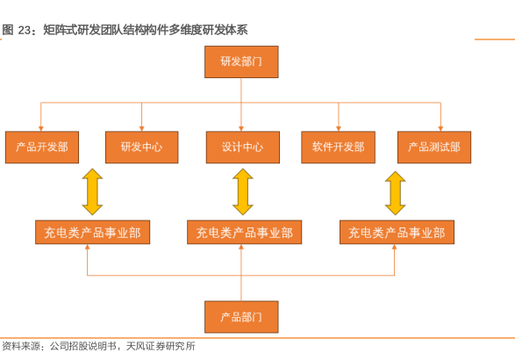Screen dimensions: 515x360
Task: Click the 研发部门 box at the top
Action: tap(241, 61)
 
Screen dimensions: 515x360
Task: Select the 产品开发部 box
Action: tap(42, 148)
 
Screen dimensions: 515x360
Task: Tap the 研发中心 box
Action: tap(142, 148)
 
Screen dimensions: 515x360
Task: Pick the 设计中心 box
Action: tap(243, 148)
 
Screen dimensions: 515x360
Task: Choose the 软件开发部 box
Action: tap(339, 148)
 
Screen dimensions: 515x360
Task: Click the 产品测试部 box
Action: tap(434, 148)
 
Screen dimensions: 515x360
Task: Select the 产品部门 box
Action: tap(241, 317)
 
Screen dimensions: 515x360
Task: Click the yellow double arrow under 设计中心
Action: tap(243, 192)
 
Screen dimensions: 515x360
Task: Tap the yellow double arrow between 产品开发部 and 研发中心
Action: tap(92, 192)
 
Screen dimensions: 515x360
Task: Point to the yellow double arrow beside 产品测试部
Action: tap(395, 193)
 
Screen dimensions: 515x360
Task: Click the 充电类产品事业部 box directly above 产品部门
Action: tap(245, 233)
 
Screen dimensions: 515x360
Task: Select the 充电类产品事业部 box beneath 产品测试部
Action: tap(397, 233)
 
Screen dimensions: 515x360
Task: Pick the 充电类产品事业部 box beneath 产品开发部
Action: tap(93, 233)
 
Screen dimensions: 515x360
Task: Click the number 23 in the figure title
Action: tap(25, 30)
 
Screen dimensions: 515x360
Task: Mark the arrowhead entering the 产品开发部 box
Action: tap(41, 129)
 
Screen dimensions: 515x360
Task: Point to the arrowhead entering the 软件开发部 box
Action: tap(339, 129)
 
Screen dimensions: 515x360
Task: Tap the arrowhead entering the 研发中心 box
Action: tap(142, 129)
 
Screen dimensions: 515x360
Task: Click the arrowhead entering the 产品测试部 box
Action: tap(440, 129)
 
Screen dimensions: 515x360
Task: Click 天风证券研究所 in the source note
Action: tap(161, 346)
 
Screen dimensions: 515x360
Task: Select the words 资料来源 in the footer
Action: tap(21, 346)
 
